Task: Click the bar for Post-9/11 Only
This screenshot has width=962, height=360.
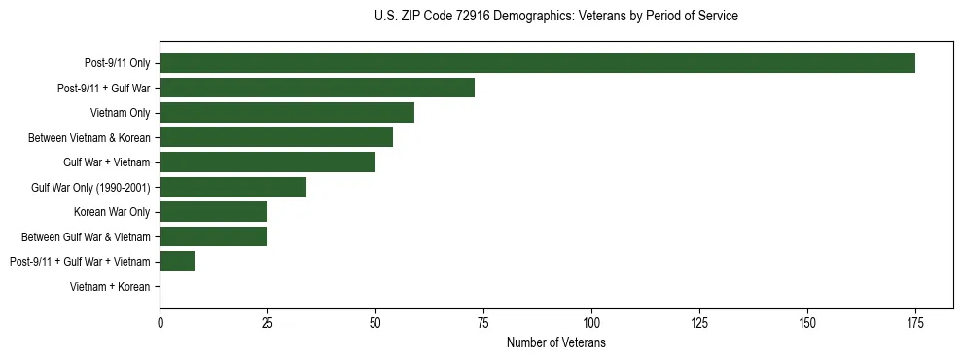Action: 537,63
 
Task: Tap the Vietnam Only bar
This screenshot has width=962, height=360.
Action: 287,113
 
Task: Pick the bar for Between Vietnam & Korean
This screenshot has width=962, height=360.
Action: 276,137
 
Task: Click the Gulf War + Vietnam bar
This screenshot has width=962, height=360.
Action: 267,162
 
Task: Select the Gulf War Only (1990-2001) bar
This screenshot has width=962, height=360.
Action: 233,187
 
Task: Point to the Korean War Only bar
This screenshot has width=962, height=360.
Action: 214,212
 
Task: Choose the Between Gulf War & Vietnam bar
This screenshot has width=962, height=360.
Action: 214,236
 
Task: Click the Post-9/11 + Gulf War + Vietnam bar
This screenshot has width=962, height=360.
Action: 177,262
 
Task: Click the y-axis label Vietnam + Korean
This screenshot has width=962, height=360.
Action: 110,287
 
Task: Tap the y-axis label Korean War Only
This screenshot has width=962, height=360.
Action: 112,212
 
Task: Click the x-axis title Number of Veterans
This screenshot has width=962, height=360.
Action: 556,343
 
